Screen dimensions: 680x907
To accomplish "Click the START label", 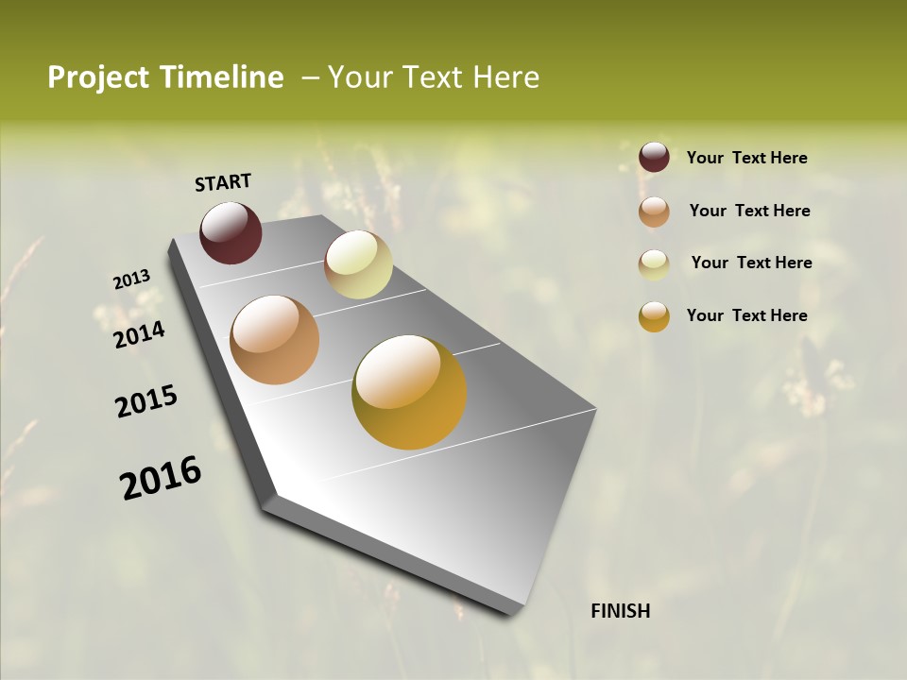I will click(x=223, y=182).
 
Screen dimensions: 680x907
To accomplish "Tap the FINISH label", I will click(x=620, y=611).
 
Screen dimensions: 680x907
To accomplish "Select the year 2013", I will click(x=131, y=280).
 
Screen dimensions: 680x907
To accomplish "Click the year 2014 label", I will click(x=139, y=335).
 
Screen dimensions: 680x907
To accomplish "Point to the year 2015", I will click(x=146, y=401).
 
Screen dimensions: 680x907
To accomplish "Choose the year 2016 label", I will click(x=161, y=478).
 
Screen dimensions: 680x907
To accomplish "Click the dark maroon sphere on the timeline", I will click(x=231, y=233).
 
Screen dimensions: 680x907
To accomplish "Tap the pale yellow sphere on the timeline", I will click(x=358, y=264).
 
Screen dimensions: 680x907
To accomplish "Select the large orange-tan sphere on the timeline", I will click(x=275, y=340).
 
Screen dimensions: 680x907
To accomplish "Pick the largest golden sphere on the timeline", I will click(x=409, y=392).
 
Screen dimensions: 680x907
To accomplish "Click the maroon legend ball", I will click(x=654, y=158).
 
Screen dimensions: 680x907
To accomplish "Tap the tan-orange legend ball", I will click(x=654, y=212).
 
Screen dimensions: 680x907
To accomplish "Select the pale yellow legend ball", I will click(x=654, y=263).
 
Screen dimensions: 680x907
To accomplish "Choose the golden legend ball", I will click(x=654, y=316).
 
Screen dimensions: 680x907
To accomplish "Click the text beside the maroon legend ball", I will click(x=746, y=159).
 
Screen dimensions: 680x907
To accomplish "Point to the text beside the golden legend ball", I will click(x=746, y=315).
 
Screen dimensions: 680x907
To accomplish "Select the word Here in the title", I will click(x=505, y=77).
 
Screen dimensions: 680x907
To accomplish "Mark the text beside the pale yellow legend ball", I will click(x=751, y=263).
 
